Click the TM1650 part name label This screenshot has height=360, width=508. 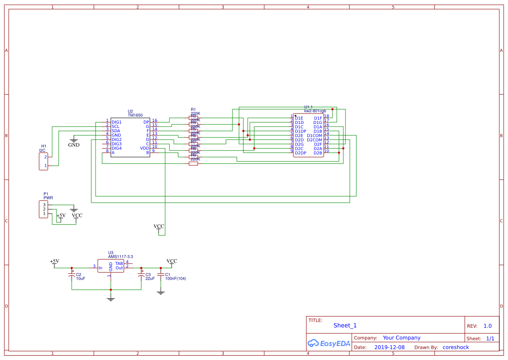tap(135, 115)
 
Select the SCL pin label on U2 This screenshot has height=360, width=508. tap(116, 127)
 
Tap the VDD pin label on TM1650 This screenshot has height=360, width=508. tap(144, 148)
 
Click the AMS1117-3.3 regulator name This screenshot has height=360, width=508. tap(120, 257)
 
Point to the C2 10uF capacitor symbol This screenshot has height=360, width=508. tap(72, 276)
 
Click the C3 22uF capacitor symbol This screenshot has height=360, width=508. tap(141, 276)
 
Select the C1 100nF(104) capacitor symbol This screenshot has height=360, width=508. tap(161, 275)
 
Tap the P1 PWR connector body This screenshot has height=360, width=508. tap(43, 209)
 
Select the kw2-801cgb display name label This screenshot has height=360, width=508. tap(315, 111)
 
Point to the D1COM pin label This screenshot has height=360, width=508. tap(314, 135)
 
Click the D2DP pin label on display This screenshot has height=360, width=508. tap(301, 153)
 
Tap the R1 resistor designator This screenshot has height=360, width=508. tap(193, 110)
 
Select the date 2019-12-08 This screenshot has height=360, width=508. tap(389, 347)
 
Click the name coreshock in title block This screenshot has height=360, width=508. tap(455, 347)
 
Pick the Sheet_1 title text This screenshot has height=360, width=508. tap(345, 325)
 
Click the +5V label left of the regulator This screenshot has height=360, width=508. tap(54, 261)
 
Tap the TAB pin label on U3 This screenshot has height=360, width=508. tap(119, 263)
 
